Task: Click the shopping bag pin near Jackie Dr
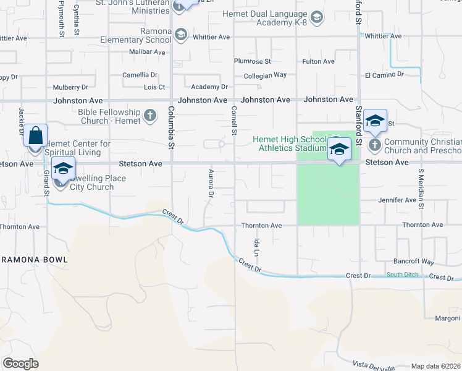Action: click(36, 135)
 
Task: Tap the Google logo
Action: click(20, 364)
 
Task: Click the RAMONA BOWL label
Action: click(34, 260)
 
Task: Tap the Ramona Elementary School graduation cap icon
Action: click(181, 35)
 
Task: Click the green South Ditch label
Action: click(402, 275)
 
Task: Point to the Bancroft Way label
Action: click(414, 262)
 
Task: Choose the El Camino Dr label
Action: click(384, 75)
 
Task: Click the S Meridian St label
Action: click(422, 187)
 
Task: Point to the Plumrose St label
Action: click(252, 61)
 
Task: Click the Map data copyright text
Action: click(435, 366)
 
